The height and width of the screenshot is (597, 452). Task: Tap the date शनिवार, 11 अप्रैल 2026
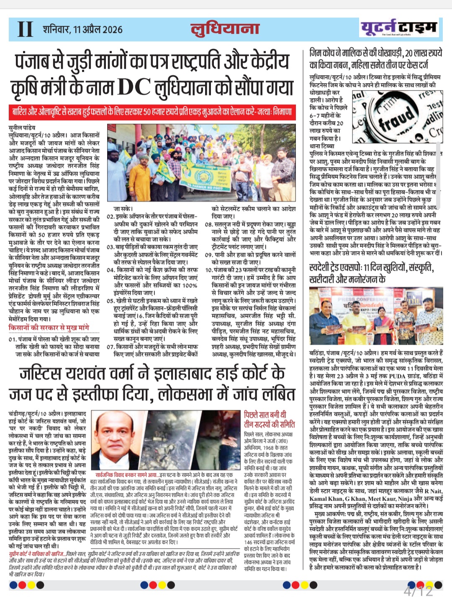tap(82, 29)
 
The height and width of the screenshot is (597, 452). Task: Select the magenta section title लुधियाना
tap(225, 28)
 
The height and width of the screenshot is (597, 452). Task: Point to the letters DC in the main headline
tap(134, 87)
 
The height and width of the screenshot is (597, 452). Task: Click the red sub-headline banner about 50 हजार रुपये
tap(153, 112)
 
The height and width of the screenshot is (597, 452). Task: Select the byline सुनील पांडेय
tap(22, 127)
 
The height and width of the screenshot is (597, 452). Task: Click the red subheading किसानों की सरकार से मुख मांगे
tap(49, 328)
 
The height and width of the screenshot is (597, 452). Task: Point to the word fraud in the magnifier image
tap(395, 118)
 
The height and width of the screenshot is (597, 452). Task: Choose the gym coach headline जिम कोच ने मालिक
tap(375, 59)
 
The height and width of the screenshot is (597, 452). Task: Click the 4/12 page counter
tap(418, 590)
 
